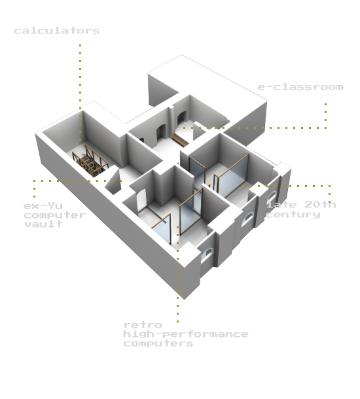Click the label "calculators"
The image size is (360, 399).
(56, 31)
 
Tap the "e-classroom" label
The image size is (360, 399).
(300, 87)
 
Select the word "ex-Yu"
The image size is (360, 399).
(43, 205)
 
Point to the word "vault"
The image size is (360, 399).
(43, 224)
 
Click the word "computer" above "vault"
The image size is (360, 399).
(55, 215)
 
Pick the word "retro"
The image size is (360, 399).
(143, 325)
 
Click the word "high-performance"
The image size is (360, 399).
(186, 334)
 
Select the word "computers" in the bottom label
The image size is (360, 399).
(158, 343)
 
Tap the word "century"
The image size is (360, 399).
(293, 215)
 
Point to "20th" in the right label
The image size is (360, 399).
(320, 204)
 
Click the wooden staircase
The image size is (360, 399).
(90, 162)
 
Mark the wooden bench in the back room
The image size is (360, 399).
(180, 141)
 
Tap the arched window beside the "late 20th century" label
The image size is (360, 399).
(272, 197)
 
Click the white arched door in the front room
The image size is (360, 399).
(141, 200)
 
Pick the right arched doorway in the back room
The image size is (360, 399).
(181, 120)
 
